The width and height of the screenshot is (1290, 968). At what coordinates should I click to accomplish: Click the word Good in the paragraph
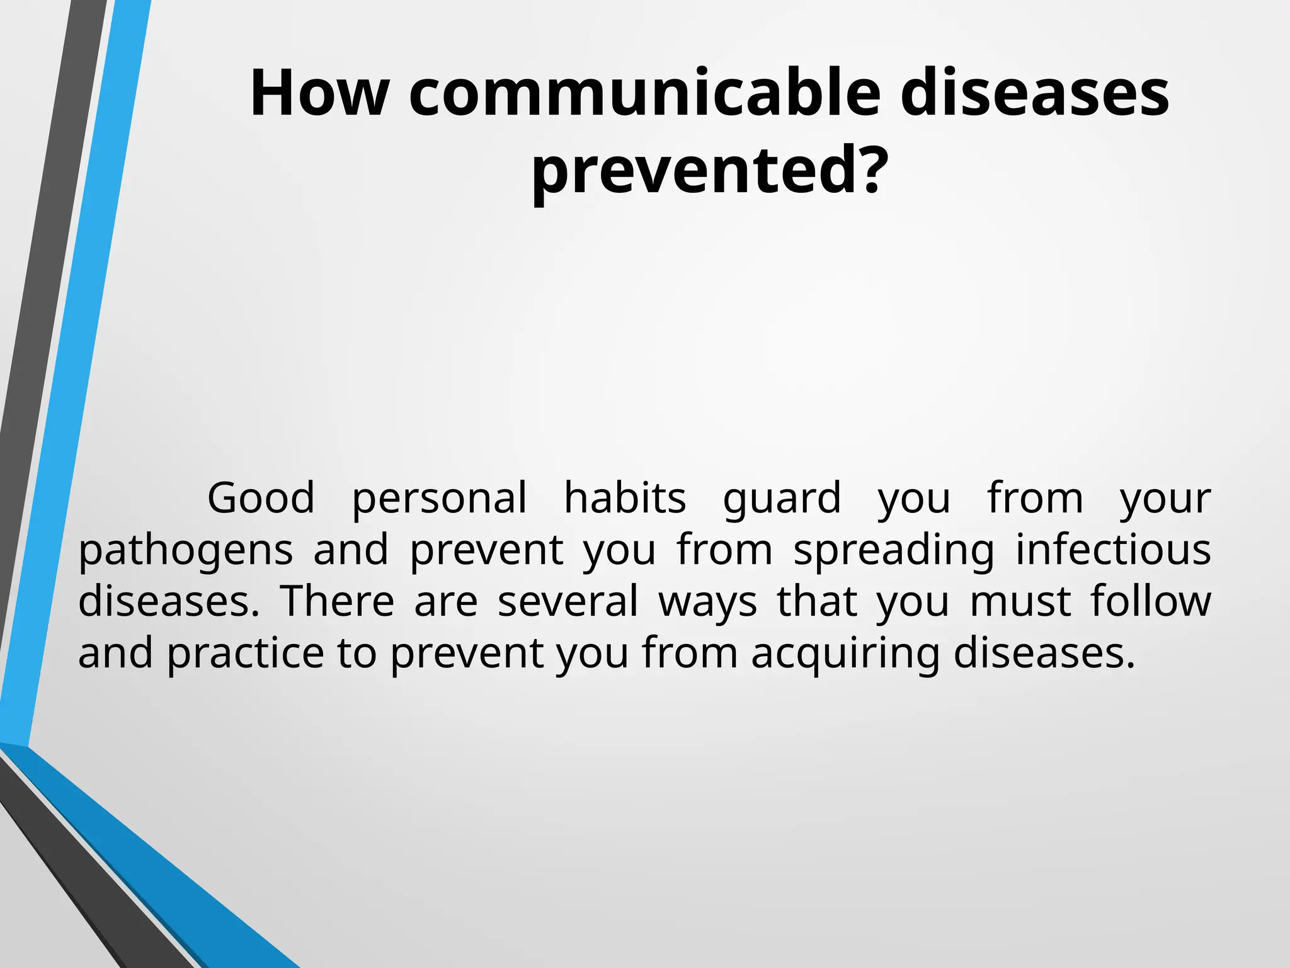coord(261,498)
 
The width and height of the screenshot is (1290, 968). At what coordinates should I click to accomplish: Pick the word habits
coord(624,498)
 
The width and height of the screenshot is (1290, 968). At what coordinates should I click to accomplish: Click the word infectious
coord(1113,550)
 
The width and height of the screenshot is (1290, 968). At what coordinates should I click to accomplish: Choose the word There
coord(337,601)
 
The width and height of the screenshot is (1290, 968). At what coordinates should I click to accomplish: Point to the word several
coord(568,601)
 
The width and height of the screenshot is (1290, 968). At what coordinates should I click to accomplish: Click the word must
coord(1020,601)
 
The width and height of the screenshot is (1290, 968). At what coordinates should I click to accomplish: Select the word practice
coord(246,654)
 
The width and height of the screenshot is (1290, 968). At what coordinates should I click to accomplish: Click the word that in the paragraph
coord(817,601)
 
